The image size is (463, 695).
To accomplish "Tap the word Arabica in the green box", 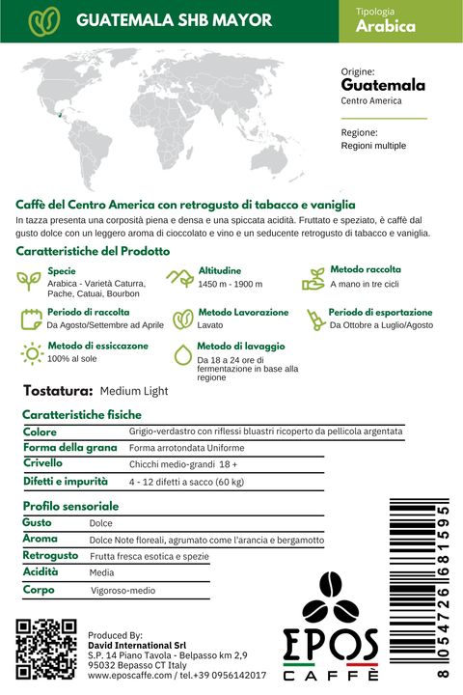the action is pyautogui.click(x=386, y=27).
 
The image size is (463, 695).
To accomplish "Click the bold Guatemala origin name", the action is pyautogui.click(x=384, y=85).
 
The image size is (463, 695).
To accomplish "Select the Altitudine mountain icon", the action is pyautogui.click(x=179, y=278).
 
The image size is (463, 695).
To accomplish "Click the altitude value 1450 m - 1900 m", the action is pyautogui.click(x=231, y=285).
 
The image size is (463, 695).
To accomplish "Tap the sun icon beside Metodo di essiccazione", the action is pyautogui.click(x=32, y=353).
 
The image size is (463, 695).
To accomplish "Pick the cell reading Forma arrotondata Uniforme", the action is pyautogui.click(x=186, y=448).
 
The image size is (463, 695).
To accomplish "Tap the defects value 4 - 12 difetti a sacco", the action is pyautogui.click(x=186, y=482).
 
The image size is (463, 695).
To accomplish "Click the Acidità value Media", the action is pyautogui.click(x=101, y=572).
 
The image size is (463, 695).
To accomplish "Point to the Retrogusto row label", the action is pyautogui.click(x=50, y=556).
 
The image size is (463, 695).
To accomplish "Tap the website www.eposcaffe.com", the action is pyautogui.click(x=128, y=677).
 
